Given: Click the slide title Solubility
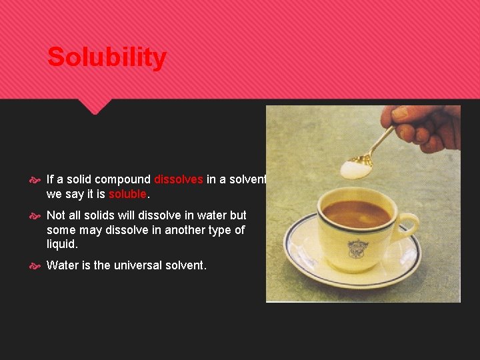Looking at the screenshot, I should point(107,57).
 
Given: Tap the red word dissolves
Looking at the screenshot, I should point(178,179).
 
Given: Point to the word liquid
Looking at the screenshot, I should point(62,244).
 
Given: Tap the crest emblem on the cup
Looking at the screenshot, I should point(356,248).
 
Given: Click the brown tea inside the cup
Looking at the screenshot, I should point(356,213).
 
